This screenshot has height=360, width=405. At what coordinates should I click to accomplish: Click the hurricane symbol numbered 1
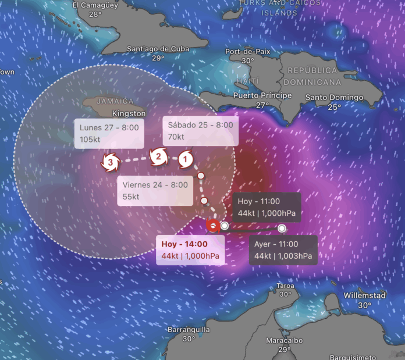(186, 158)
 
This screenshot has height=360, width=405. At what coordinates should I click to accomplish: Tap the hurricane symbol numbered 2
(158, 156)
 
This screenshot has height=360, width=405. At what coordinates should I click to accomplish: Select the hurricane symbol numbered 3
(111, 162)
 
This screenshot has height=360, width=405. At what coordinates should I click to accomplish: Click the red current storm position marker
(214, 226)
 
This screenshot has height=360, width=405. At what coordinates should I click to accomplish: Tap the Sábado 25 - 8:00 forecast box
(200, 131)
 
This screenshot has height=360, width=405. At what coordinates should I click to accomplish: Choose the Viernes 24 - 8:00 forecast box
(155, 191)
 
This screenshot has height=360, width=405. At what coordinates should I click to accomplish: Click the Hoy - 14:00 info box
(193, 250)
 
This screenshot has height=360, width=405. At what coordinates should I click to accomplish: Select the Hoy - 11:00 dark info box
(267, 207)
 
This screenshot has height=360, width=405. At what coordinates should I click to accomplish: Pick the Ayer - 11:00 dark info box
(283, 250)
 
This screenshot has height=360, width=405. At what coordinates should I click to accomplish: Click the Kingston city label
(129, 113)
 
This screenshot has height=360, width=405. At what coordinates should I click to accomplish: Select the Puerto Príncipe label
(262, 95)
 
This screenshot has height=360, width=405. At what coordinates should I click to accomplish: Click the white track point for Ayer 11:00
(282, 229)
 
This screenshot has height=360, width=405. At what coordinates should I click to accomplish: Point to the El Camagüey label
(95, 5)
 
